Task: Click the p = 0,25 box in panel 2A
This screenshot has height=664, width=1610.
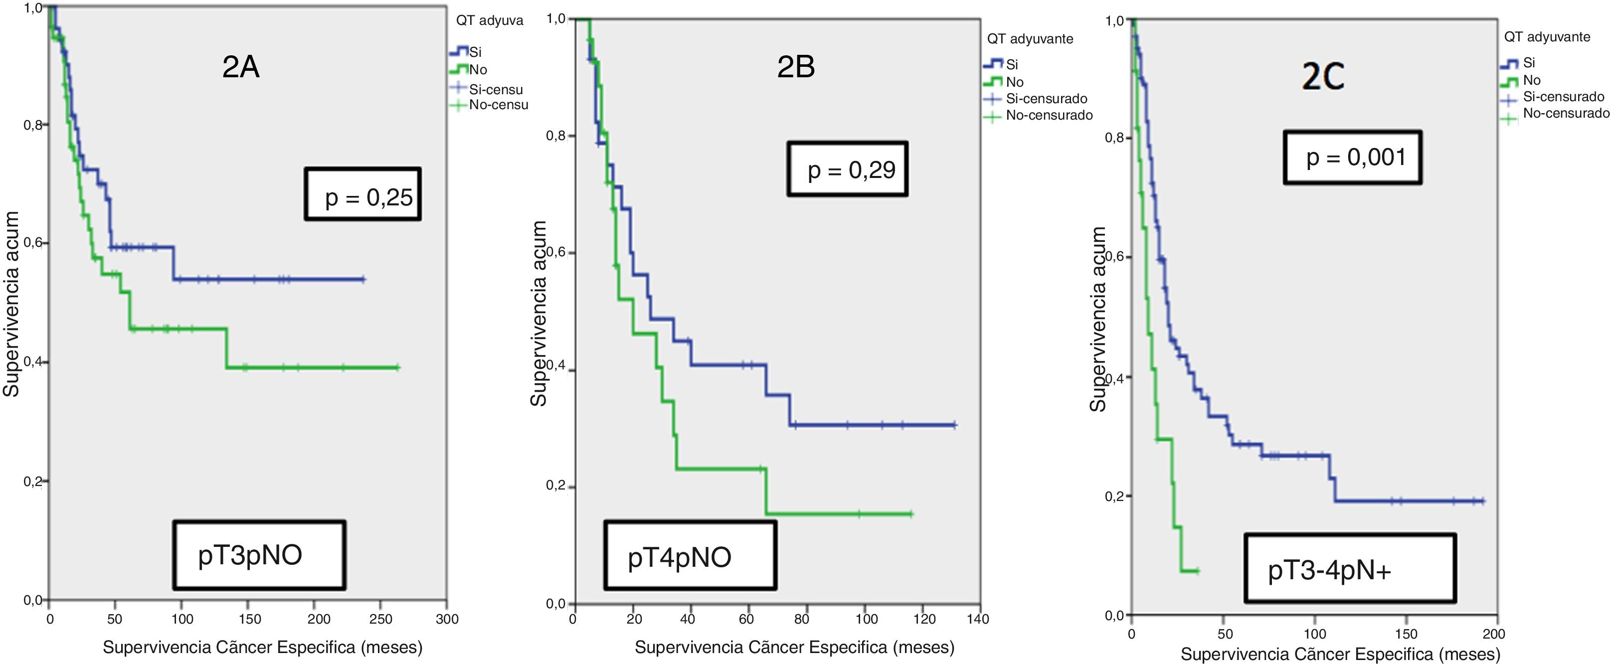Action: click(362, 194)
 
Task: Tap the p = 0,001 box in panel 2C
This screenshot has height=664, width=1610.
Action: click(1353, 158)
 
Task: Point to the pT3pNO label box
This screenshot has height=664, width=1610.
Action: click(259, 555)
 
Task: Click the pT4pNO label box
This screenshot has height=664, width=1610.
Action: click(690, 556)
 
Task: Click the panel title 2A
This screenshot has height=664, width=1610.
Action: click(241, 67)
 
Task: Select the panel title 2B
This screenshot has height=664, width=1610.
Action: click(796, 67)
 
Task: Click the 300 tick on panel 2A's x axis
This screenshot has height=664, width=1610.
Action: click(447, 619)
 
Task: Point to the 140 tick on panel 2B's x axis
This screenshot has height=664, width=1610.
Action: click(977, 619)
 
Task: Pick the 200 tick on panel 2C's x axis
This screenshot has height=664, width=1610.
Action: click(1494, 634)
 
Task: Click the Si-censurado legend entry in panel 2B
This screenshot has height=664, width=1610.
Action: click(1046, 99)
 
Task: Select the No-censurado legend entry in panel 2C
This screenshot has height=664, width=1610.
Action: click(1565, 114)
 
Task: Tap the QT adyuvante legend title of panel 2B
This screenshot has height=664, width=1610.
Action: click(1030, 39)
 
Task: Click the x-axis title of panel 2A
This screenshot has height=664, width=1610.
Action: click(262, 647)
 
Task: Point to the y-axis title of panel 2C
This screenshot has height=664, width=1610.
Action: click(1098, 319)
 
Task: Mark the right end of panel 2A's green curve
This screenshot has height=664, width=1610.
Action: click(397, 367)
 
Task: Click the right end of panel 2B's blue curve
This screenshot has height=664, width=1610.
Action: click(954, 425)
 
